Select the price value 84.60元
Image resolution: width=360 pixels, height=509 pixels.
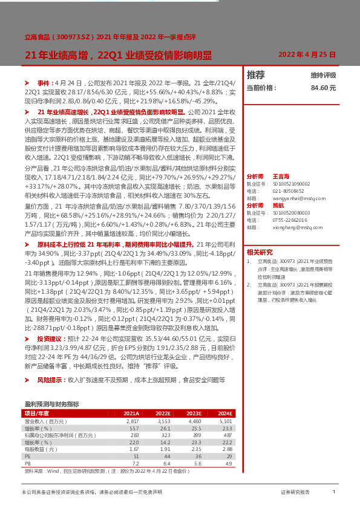coord(323,88)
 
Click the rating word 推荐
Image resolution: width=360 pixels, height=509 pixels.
coord(256,75)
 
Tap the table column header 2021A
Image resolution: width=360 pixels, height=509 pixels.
coord(131,413)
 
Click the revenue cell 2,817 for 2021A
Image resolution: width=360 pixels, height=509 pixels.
coord(132,421)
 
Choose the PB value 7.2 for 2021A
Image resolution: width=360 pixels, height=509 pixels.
coord(136,464)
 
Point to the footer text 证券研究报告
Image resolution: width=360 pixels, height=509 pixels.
coord(295,493)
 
